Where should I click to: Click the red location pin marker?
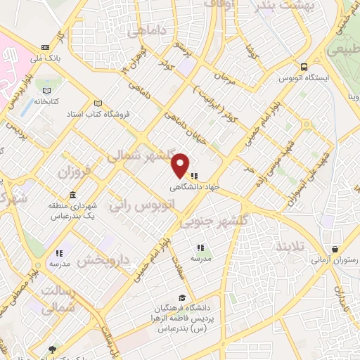point(181,165)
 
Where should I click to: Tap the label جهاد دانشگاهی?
point(194,188)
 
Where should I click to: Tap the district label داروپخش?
point(103,261)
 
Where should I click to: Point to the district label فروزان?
point(75,172)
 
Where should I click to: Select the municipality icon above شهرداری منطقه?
point(74,195)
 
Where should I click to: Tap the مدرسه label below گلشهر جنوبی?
point(201,257)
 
